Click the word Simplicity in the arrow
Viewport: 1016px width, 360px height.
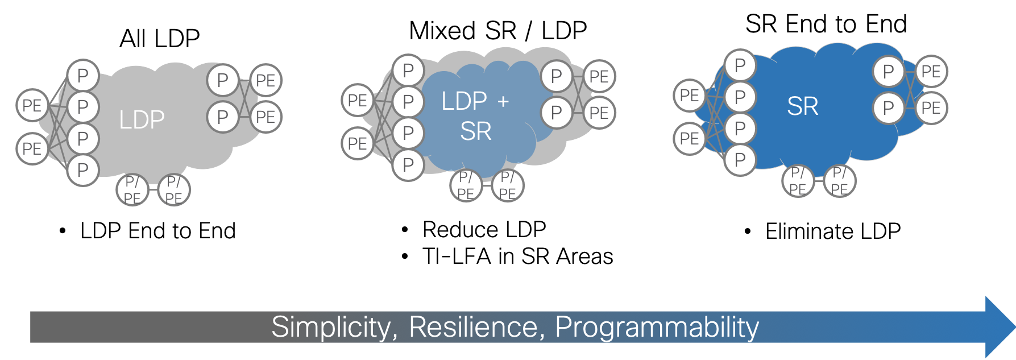(x=331, y=327)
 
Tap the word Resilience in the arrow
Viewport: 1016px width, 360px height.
(x=473, y=327)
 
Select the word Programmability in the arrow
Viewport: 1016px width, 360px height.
(x=657, y=327)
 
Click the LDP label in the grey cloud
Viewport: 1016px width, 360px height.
(x=142, y=120)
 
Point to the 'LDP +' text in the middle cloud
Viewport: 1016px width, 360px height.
(x=475, y=101)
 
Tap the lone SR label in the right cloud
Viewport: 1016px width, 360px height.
(x=802, y=106)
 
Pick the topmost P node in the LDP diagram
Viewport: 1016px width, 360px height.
(x=83, y=76)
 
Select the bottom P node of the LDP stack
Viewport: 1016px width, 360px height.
(x=83, y=169)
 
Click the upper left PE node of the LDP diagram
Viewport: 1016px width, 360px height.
(x=32, y=105)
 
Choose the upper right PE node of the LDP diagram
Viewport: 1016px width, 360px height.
(x=266, y=80)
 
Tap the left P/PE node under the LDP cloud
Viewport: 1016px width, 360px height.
(x=132, y=190)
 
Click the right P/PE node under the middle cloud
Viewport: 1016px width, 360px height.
(x=507, y=185)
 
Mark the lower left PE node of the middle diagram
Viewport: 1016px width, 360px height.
(x=357, y=143)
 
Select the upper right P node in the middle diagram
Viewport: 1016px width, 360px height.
(x=556, y=76)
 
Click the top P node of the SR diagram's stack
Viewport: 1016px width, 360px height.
(x=740, y=65)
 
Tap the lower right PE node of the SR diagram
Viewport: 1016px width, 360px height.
(x=931, y=107)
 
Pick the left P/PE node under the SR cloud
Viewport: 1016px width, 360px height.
(x=798, y=180)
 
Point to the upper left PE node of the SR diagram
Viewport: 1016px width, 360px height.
(x=689, y=95)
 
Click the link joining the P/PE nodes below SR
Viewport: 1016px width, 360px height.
(x=819, y=180)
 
